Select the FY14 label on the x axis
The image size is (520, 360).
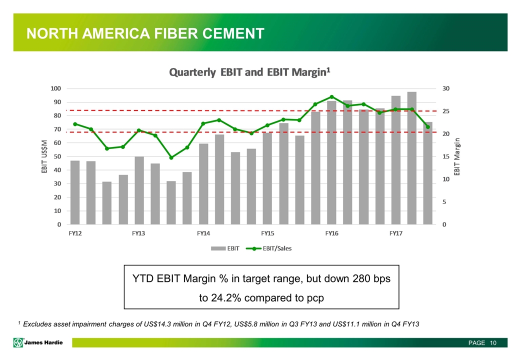pyautogui.click(x=203, y=233)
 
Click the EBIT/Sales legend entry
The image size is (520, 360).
pyautogui.click(x=277, y=248)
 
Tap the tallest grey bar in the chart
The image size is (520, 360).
pyautogui.click(x=411, y=158)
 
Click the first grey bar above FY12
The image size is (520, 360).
pyautogui.click(x=75, y=192)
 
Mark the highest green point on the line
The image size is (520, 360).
pyautogui.click(x=331, y=97)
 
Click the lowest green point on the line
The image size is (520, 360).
pyautogui.click(x=171, y=157)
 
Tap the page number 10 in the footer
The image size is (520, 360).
pyautogui.click(x=493, y=343)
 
